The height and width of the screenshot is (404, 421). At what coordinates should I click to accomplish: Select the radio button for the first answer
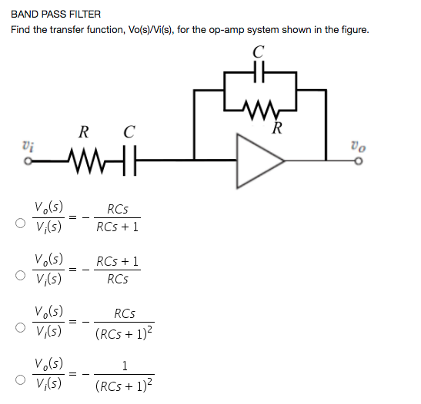(x=17, y=226)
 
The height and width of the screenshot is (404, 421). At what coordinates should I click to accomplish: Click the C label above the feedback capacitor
(x=259, y=52)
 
